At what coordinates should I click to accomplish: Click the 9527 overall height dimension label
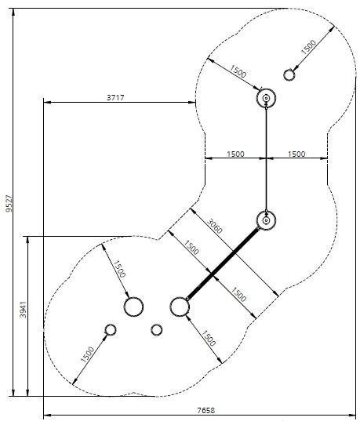pyautogui.click(x=9, y=204)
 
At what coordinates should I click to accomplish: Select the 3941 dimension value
pyautogui.click(x=24, y=310)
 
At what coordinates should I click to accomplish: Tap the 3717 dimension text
pyautogui.click(x=115, y=97)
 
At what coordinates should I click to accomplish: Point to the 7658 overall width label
pyautogui.click(x=206, y=411)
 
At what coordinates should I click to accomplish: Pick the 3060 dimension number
pyautogui.click(x=215, y=227)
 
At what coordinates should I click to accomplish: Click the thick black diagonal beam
pyautogui.click(x=222, y=263)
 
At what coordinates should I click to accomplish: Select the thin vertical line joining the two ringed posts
pyautogui.click(x=266, y=159)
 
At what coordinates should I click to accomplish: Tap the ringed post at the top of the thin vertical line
pyautogui.click(x=266, y=98)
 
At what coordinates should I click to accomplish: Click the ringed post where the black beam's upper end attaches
pyautogui.click(x=266, y=220)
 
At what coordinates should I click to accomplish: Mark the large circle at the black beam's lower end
pyautogui.click(x=180, y=307)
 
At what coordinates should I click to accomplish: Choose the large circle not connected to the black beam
pyautogui.click(x=133, y=307)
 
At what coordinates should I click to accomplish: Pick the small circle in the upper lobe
pyautogui.click(x=289, y=75)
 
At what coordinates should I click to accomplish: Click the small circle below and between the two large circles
pyautogui.click(x=156, y=330)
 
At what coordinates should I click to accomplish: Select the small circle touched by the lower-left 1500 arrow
pyautogui.click(x=110, y=330)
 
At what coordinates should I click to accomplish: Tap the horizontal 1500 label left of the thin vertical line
pyautogui.click(x=235, y=154)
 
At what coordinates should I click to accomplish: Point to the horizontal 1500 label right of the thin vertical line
pyautogui.click(x=296, y=154)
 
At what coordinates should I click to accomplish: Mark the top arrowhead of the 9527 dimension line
pyautogui.click(x=13, y=12)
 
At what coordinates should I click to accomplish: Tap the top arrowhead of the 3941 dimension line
pyautogui.click(x=27, y=240)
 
